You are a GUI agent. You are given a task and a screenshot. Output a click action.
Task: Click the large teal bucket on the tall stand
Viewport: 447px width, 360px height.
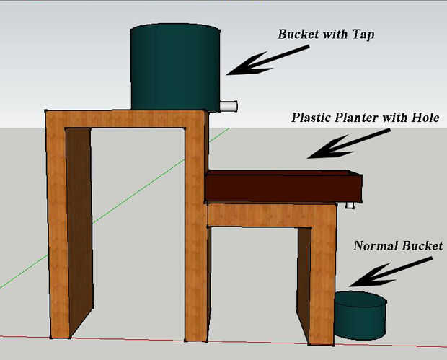coord(175,67)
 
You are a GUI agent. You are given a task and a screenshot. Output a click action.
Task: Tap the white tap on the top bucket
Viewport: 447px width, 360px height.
coord(229,106)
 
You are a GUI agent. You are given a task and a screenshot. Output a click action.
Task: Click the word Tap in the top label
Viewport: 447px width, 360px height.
coord(363,35)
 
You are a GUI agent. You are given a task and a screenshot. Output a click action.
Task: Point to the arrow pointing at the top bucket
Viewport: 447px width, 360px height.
coord(268,61)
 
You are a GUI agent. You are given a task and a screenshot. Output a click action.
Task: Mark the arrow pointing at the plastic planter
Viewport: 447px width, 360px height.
coord(349,144)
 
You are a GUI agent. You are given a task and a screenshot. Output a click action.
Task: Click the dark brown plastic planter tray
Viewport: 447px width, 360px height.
coord(283,186)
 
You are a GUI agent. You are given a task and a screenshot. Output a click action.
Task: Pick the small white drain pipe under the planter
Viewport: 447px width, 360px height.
coord(350,205)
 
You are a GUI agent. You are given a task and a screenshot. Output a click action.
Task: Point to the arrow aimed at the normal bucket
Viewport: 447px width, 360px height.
coord(391,271)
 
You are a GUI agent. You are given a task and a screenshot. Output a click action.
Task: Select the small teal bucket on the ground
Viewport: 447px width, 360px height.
coord(360,315)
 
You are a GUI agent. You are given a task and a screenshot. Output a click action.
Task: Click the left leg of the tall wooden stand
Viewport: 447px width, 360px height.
coord(58,228)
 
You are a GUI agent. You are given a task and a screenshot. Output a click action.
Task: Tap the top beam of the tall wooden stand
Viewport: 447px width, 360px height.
coord(125,118)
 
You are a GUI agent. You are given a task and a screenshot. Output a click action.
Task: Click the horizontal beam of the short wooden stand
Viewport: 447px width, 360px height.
coord(273,216)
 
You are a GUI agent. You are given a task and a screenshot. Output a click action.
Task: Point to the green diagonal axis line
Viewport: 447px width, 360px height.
coord(115,208)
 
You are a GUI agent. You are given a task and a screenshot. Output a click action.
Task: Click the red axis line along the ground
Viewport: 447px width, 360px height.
coord(223,342)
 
